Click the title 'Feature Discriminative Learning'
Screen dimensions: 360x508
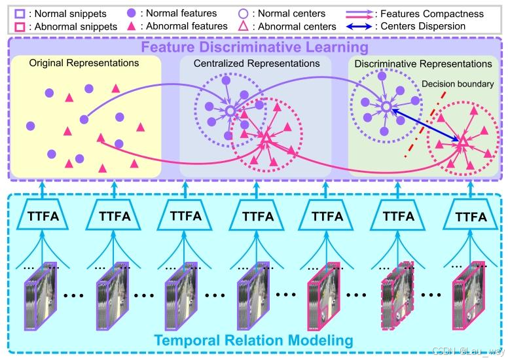tap(253, 48)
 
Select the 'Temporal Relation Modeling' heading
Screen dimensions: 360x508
tap(253, 340)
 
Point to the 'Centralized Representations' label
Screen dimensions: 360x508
tap(257, 63)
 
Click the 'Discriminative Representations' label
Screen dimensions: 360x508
tap(422, 64)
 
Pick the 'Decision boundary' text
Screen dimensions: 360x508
tap(456, 83)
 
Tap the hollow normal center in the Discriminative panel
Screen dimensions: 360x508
tap(386, 106)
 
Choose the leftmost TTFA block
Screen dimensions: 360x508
tap(45, 215)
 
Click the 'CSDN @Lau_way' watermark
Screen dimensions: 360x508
tap(469, 351)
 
